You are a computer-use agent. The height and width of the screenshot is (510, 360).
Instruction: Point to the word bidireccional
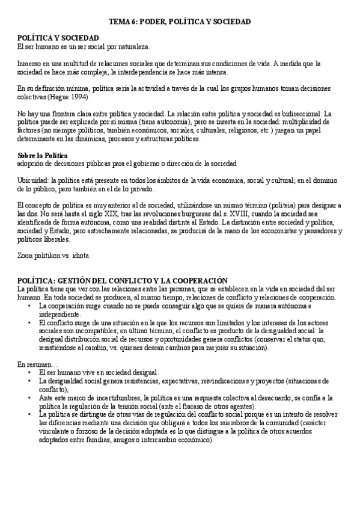pos(289,113)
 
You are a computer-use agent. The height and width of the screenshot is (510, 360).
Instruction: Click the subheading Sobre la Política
pos(43,155)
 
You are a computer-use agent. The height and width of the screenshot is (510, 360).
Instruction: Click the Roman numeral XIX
pos(110,214)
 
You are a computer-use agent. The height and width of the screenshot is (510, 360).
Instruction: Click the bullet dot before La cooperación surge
pos(31,306)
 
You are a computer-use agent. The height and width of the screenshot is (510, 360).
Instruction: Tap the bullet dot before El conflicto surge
pos(31,323)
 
